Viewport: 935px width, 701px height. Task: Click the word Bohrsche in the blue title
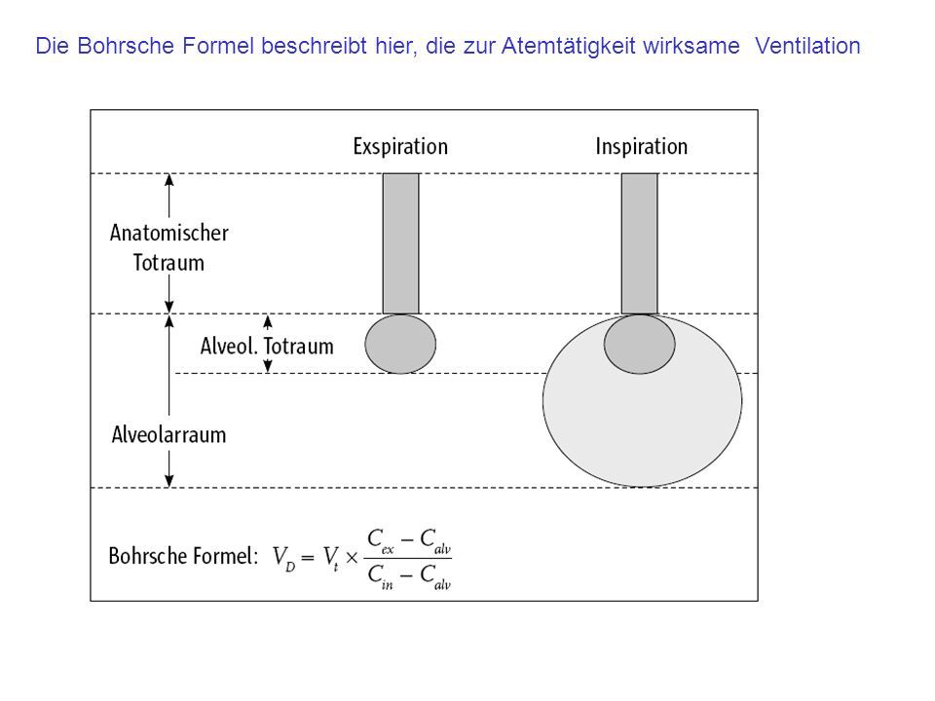click(126, 46)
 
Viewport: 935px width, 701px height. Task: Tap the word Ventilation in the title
click(807, 46)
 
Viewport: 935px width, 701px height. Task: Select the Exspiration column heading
click(400, 147)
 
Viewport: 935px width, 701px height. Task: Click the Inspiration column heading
click(642, 147)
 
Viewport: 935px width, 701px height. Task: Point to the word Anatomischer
click(168, 233)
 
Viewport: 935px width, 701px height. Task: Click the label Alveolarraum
click(168, 435)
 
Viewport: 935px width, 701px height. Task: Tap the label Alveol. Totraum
click(267, 347)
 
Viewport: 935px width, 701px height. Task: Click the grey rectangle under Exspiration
click(400, 243)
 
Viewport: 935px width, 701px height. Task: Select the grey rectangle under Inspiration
click(640, 243)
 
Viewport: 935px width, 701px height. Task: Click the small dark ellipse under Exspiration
click(400, 344)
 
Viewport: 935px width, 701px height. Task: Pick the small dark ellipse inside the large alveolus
click(639, 344)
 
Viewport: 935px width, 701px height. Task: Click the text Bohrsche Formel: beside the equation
click(183, 556)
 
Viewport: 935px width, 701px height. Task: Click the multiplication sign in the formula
click(352, 558)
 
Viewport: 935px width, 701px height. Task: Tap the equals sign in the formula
click(308, 558)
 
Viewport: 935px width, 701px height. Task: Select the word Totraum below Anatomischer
click(168, 263)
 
